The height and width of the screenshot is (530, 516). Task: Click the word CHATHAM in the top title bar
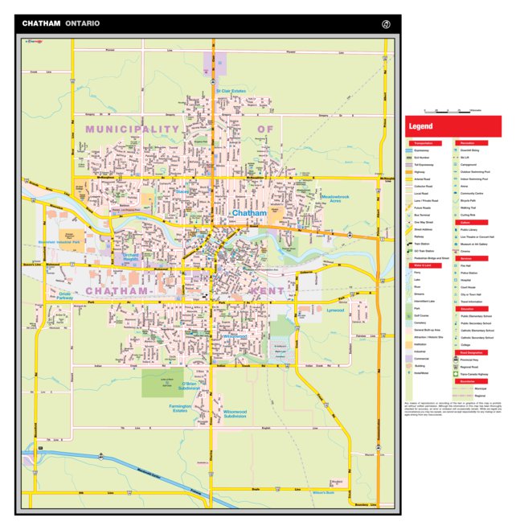coord(41,23)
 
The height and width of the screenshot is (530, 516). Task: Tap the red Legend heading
coord(420,126)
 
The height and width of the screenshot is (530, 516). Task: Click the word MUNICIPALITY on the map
coord(132,129)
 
